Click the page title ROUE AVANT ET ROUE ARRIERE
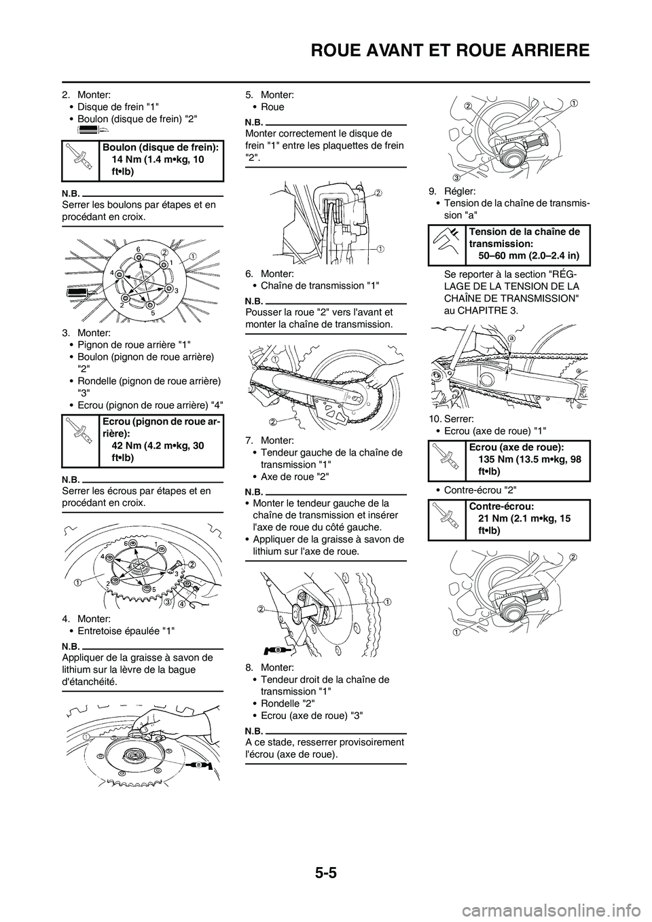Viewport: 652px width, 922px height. pyautogui.click(x=450, y=50)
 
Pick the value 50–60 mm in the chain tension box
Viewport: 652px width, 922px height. pyautogui.click(x=503, y=256)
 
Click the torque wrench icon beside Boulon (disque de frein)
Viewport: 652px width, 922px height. pyautogui.click(x=80, y=160)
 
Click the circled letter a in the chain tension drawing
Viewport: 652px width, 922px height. pyautogui.click(x=511, y=337)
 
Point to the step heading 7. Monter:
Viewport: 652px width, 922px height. pyautogui.click(x=269, y=441)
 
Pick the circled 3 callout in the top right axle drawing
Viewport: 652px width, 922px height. pyautogui.click(x=457, y=177)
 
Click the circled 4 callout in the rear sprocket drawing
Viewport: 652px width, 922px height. pyautogui.click(x=182, y=604)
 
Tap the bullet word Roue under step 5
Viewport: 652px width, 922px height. pyautogui.click(x=272, y=107)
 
